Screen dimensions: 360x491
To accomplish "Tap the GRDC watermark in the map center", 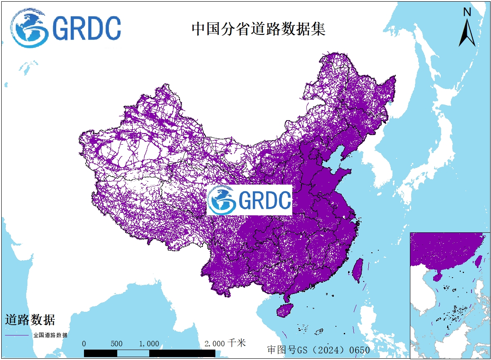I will (249, 200).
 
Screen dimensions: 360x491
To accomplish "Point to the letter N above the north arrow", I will (467, 12).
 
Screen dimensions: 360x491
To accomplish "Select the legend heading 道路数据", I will (30, 320).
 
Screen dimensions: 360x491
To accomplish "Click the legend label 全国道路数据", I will (50, 335).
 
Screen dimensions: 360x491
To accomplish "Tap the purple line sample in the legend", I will (17, 335).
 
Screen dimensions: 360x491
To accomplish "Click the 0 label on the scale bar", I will (84, 344).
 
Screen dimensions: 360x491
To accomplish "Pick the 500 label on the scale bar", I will (116, 344).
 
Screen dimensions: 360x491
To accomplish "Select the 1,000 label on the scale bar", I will (149, 344).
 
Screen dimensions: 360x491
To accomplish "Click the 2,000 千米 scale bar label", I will (225, 343).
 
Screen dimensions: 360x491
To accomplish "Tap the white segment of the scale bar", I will (133, 353).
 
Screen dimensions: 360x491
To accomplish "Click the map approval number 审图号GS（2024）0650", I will (318, 350).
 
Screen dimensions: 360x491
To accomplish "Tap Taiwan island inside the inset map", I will (479, 261).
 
